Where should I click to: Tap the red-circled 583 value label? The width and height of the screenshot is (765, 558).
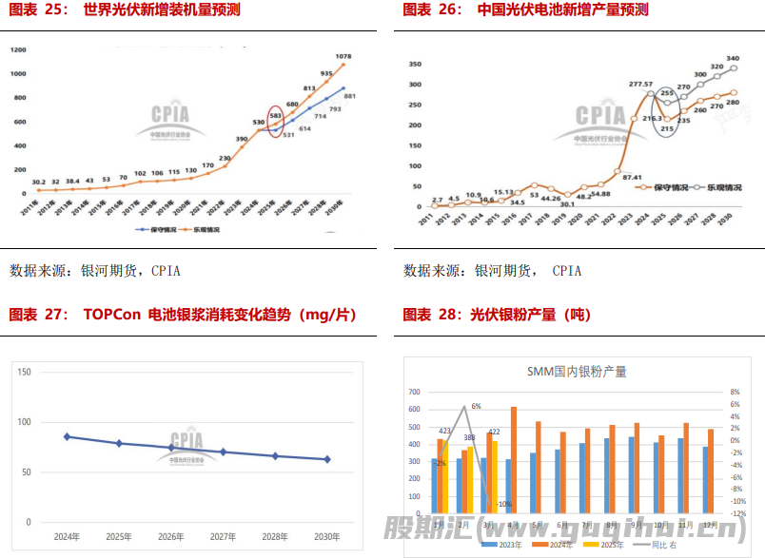point(275,116)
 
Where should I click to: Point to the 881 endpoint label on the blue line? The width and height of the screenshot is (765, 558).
point(350,95)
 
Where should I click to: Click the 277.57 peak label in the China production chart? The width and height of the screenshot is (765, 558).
point(640,85)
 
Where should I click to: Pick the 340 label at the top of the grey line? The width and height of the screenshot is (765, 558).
point(733,58)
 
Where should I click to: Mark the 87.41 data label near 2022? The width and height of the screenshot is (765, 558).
point(631,177)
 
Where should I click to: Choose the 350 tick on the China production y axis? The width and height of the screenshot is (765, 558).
point(414,65)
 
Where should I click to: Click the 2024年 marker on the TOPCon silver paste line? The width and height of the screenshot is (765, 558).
point(67,436)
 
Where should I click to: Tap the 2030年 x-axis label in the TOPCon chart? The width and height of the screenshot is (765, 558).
point(327,537)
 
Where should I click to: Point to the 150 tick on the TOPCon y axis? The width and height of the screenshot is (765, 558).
point(25,372)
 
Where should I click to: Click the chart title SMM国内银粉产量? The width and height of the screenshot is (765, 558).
point(577,372)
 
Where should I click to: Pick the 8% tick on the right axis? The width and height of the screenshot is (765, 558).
point(735,392)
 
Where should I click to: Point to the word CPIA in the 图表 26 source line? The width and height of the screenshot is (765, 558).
point(566,271)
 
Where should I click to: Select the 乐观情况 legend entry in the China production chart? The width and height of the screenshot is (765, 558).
point(715,187)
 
